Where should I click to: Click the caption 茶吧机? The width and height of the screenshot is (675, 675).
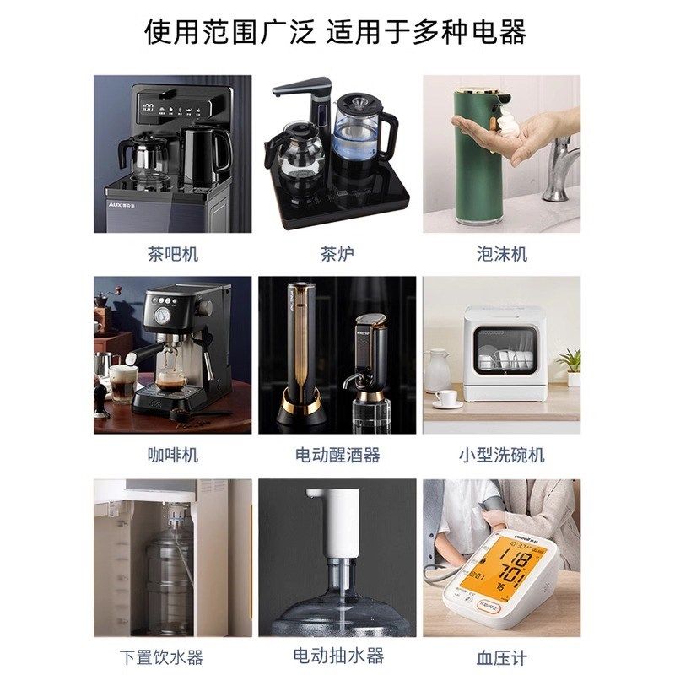(x=173, y=253)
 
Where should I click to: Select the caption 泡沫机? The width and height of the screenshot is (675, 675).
(x=501, y=253)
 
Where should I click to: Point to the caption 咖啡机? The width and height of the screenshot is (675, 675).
(x=173, y=455)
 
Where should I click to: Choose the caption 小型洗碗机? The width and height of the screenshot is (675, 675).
(x=501, y=455)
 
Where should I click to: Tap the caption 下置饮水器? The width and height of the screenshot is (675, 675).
(x=173, y=656)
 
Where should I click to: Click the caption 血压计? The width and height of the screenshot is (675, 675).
(x=501, y=656)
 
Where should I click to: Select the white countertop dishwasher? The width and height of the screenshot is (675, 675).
(x=502, y=354)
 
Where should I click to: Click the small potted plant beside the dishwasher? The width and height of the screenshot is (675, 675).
(x=570, y=366)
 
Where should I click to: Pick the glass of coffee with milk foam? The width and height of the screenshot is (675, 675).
(x=123, y=383)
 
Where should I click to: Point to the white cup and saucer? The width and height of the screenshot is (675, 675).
(x=447, y=398)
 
